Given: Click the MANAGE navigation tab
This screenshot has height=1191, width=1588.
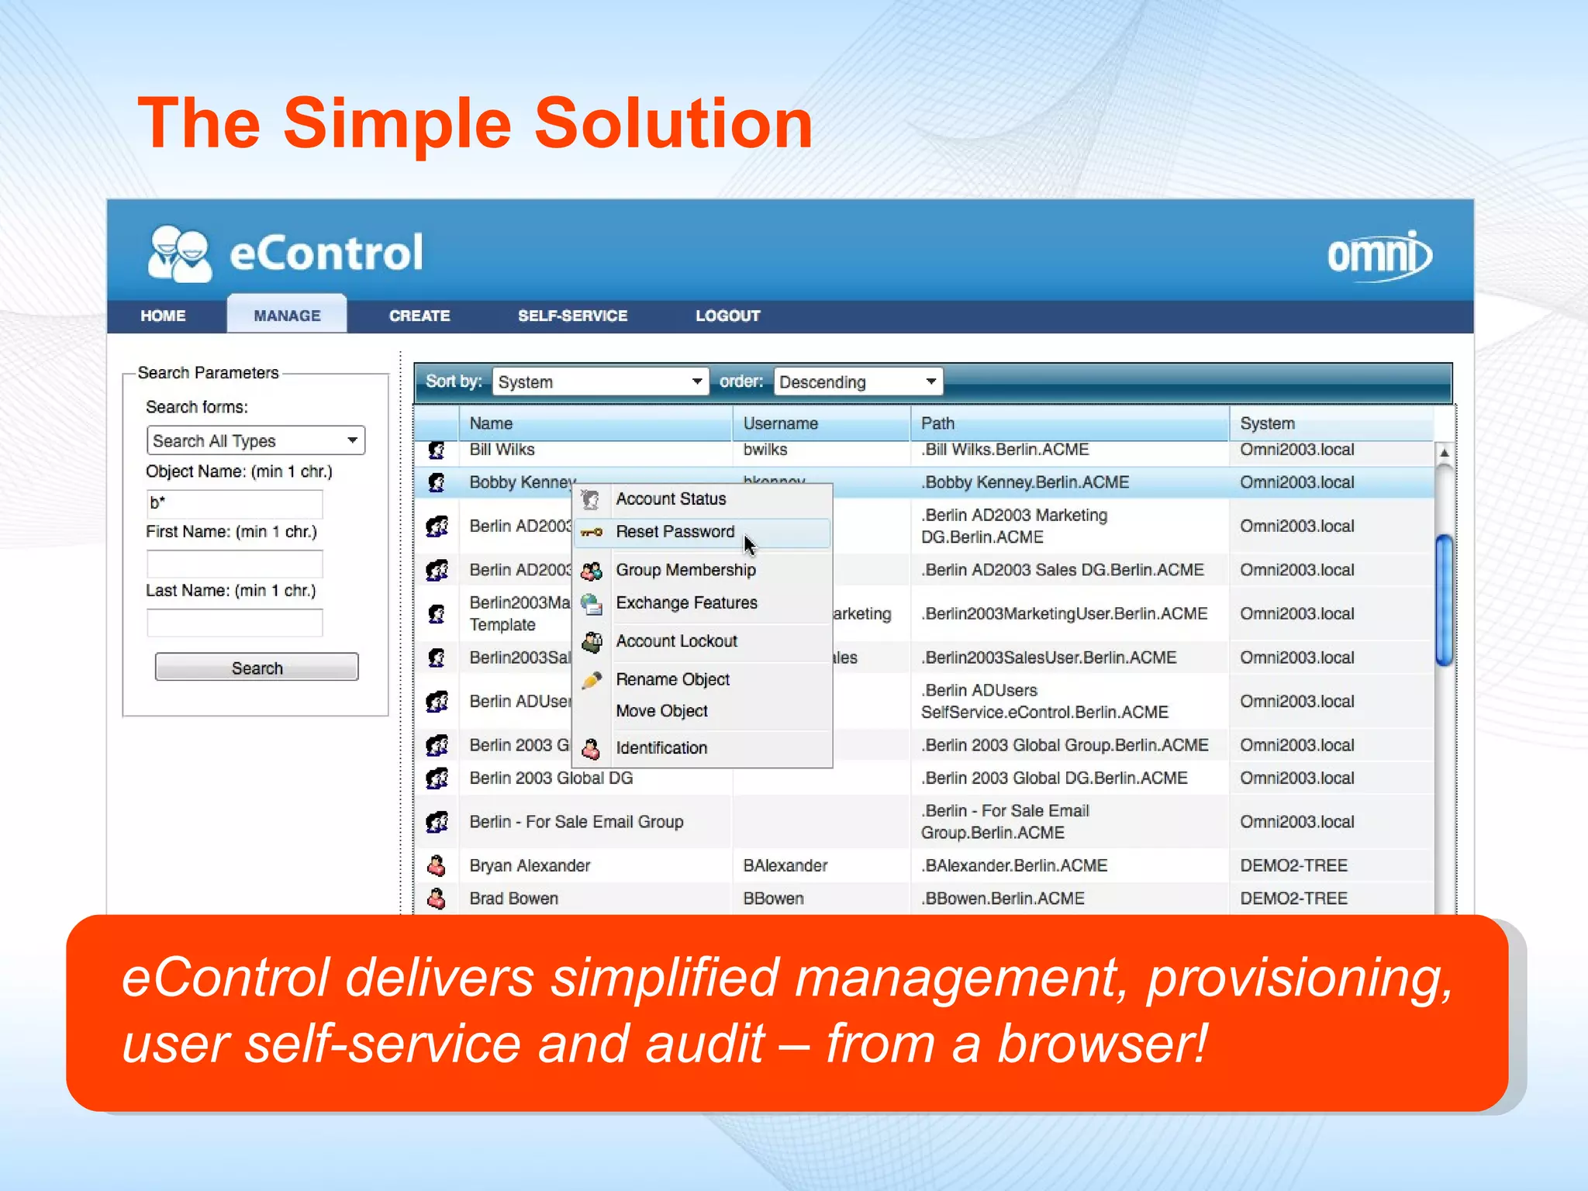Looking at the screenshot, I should tap(287, 316).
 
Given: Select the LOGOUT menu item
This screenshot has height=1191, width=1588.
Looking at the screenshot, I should tap(727, 316).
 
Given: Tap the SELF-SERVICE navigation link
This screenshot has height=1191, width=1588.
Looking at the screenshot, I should tap(572, 316).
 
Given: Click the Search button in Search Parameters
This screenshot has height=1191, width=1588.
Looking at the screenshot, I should tap(257, 668).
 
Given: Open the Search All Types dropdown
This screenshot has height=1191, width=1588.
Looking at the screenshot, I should tap(255, 440).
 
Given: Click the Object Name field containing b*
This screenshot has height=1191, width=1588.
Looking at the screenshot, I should tap(234, 502).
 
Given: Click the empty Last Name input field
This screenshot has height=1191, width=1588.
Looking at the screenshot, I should tap(234, 623).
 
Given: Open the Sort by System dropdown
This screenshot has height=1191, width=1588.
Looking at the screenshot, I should tap(600, 381).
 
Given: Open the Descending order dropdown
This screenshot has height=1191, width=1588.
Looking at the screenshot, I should tap(858, 381).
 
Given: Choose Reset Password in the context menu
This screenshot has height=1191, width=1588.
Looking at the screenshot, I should tap(675, 532).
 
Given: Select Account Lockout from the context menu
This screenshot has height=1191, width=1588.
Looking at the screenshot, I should tap(676, 641).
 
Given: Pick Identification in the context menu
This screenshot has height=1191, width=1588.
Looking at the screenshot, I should tap(661, 748).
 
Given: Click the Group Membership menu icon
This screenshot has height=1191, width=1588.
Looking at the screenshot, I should tap(592, 571).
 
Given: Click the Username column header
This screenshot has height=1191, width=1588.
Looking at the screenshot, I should tap(780, 423).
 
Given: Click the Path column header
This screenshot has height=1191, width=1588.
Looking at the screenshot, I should tap(937, 423).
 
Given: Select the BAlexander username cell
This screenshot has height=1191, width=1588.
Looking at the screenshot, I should tap(785, 865).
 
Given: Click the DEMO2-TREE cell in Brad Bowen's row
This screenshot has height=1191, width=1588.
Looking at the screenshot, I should tap(1293, 899).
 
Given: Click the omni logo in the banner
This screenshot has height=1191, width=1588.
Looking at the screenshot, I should tap(1379, 255).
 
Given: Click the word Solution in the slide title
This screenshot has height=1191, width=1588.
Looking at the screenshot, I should tap(673, 124).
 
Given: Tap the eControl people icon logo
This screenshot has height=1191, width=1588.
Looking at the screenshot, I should tap(180, 254).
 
